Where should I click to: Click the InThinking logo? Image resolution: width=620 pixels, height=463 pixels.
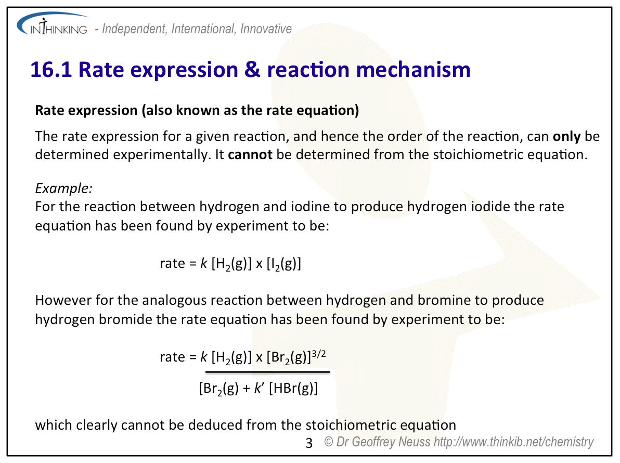(53, 24)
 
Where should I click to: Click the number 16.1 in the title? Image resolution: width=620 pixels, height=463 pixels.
(51, 70)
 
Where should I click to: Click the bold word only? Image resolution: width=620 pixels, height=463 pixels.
(566, 136)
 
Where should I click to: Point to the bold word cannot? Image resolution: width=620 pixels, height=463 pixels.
(250, 154)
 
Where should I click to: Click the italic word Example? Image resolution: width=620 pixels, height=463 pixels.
(63, 189)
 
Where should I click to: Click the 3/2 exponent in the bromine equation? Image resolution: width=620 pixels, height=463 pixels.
(318, 353)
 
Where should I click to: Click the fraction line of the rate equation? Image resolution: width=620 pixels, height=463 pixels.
(268, 372)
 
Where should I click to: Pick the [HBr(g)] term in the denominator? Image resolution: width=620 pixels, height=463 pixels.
(293, 388)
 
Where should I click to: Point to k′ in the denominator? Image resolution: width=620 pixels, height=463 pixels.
(259, 388)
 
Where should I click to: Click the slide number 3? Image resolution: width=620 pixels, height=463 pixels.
(309, 443)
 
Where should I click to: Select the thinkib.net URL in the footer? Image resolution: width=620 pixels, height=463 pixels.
(514, 442)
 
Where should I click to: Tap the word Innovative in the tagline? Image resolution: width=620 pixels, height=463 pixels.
(266, 29)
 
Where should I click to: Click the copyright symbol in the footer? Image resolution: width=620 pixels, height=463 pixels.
(329, 441)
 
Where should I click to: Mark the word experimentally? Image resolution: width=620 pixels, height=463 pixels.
(161, 155)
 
